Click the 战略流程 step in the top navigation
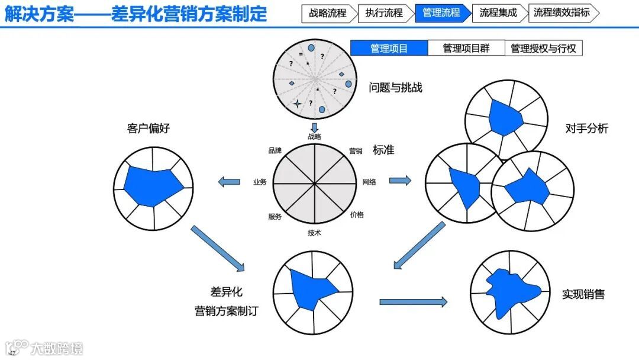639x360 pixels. click(x=327, y=12)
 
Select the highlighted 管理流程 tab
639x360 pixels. click(x=441, y=12)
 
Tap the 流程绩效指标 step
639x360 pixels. click(x=561, y=12)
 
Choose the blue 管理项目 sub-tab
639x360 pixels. click(x=389, y=49)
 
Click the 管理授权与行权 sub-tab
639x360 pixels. click(x=543, y=49)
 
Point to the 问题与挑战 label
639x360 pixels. click(x=395, y=88)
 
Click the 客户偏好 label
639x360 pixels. click(x=148, y=128)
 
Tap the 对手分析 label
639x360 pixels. click(x=586, y=128)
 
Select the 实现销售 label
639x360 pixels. click(x=583, y=294)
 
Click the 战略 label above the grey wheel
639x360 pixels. click(x=314, y=136)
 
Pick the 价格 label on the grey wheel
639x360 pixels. click(x=357, y=214)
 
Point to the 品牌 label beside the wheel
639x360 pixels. click(x=275, y=150)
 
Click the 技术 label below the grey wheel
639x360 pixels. click(x=314, y=233)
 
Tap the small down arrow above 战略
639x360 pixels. click(x=315, y=127)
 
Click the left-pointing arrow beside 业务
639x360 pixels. click(x=229, y=182)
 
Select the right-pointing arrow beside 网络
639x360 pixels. click(x=400, y=180)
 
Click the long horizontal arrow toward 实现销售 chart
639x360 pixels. click(x=413, y=302)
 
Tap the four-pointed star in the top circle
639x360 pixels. click(x=297, y=103)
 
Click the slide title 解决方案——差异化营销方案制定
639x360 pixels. click(x=135, y=13)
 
